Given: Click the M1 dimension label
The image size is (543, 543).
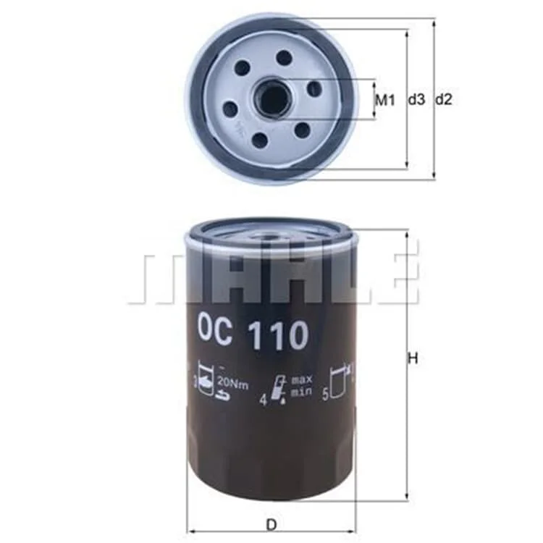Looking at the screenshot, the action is click(x=385, y=101).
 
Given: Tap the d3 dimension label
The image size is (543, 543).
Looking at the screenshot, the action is click(x=416, y=100).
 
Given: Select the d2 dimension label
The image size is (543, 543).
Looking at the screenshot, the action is click(x=444, y=100).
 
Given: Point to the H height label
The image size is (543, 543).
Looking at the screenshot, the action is click(x=413, y=358).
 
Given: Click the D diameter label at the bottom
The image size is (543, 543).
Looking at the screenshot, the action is click(x=271, y=525).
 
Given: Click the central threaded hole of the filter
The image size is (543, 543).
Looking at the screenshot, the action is click(x=271, y=98).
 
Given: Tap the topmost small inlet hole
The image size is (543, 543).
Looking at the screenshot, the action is click(x=285, y=57).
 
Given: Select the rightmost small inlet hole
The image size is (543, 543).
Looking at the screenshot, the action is click(x=314, y=88).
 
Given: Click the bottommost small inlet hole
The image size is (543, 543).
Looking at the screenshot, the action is click(x=260, y=139).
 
